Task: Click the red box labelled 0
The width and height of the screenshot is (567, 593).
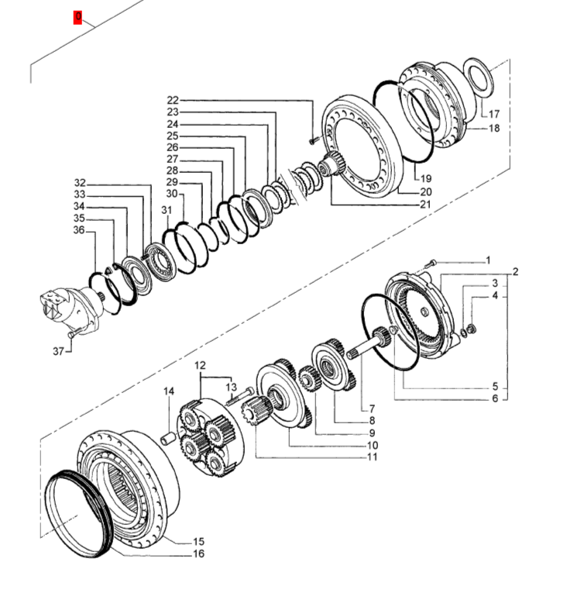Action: [x=77, y=17]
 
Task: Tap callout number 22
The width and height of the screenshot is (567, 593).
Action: [x=173, y=100]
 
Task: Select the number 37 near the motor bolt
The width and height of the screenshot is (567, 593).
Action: [x=58, y=351]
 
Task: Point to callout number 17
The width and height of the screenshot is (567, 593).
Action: [x=494, y=113]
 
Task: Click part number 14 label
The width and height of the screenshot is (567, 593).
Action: [x=169, y=391]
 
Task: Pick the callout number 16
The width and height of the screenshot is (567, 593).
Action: [x=198, y=553]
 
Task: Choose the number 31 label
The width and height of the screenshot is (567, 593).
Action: [x=167, y=210]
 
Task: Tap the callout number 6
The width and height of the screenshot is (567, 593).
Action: [x=495, y=398]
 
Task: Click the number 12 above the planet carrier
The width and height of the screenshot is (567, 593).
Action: [x=200, y=365]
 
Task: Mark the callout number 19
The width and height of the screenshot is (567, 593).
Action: [x=426, y=178]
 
